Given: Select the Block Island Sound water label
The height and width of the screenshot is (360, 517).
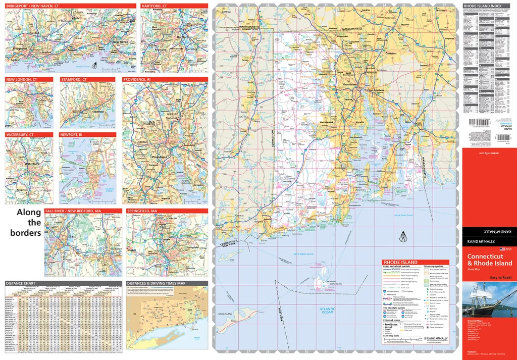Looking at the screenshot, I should pyautogui.click(x=303, y=253).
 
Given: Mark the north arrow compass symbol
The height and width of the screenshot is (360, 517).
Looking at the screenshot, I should pyautogui.click(x=402, y=235).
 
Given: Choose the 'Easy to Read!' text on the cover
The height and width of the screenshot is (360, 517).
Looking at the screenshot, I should pyautogui.click(x=501, y=278).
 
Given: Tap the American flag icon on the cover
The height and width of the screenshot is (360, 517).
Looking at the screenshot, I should pyautogui.click(x=502, y=249).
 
